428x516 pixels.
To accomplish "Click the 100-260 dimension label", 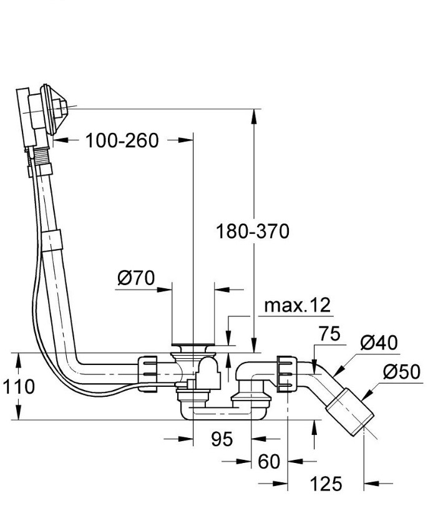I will (x=122, y=140).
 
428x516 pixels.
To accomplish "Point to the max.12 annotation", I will (x=297, y=305).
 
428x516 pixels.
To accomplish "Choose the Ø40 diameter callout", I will (x=379, y=343).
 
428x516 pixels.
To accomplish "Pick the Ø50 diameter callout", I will (x=401, y=372).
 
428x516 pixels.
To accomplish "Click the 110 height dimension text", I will (x=18, y=387).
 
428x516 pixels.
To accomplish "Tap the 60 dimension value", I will (x=270, y=462).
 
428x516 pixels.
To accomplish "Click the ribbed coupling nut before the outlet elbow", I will (x=286, y=373).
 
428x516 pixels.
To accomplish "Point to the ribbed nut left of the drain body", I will (x=148, y=373).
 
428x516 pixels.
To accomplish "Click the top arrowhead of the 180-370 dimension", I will (x=254, y=114).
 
